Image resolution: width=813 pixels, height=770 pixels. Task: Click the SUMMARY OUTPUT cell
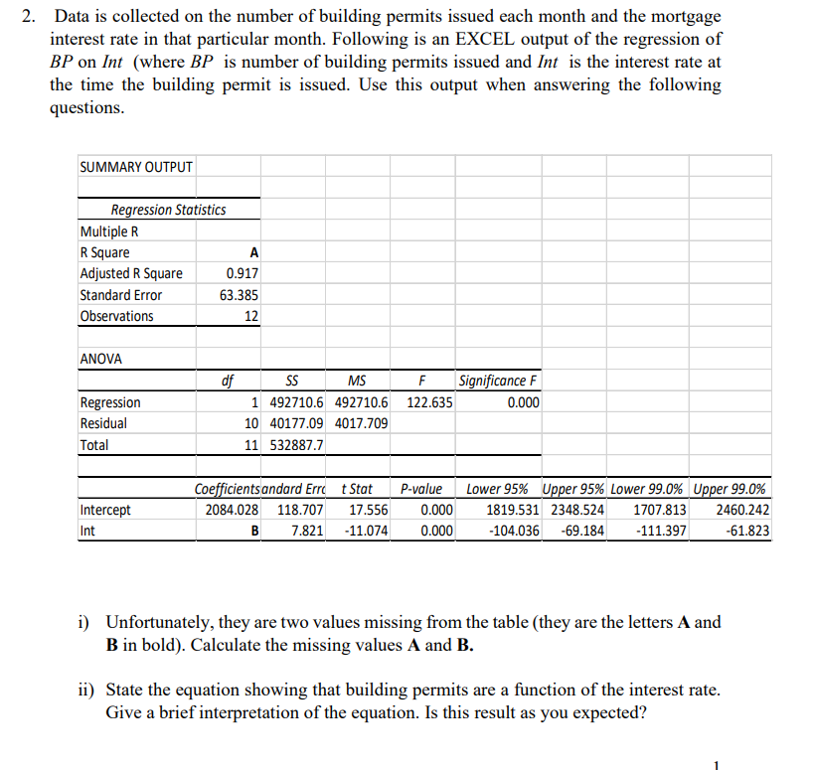pos(135,167)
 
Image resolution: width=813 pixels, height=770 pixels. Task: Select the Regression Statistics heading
pos(168,210)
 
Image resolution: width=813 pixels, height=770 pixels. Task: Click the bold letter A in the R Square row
pos(254,252)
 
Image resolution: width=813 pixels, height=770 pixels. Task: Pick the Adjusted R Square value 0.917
pos(244,273)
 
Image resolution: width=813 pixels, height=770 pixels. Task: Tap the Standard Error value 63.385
pos(241,295)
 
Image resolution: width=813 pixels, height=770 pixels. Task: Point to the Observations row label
pos(116,316)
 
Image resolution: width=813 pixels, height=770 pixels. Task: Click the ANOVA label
pos(100,359)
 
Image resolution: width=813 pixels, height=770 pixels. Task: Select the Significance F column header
pos(499,382)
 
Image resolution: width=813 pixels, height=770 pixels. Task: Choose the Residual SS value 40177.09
pos(296,423)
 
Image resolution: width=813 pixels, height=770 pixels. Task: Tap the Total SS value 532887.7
pos(296,445)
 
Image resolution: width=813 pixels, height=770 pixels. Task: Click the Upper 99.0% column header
pos(730,489)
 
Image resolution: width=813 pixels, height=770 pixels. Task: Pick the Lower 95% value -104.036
pos(515,531)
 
